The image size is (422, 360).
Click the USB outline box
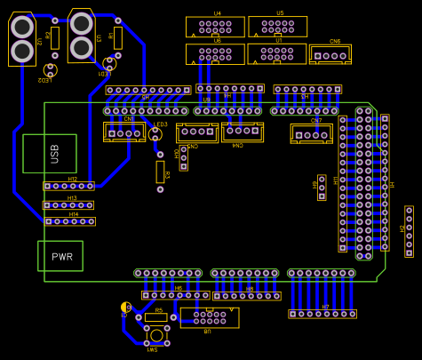tap(50, 154)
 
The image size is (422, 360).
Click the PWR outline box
tap(60, 256)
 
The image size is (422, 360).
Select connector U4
tap(215, 26)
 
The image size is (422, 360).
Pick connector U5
tap(277, 26)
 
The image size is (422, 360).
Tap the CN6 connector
tap(330, 54)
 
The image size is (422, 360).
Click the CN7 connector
tap(311, 133)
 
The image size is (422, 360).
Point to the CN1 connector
tap(124, 132)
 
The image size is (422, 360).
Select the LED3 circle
tap(155, 134)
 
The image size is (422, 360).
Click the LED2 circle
tap(50, 69)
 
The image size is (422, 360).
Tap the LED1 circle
tap(110, 63)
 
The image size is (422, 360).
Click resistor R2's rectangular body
tap(55, 37)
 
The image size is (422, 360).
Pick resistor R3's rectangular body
tap(161, 171)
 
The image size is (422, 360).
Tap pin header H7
tap(322, 314)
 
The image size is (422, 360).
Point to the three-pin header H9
tap(322, 187)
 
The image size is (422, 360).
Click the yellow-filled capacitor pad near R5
tap(125, 307)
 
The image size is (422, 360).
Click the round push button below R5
tap(156, 335)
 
